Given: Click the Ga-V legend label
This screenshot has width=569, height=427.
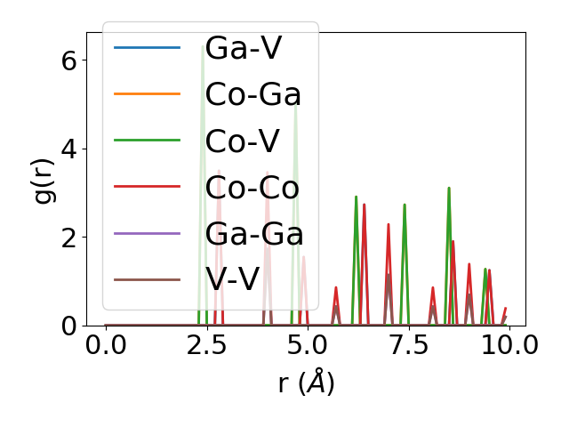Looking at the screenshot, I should (243, 48).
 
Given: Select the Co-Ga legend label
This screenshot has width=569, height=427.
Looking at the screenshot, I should (252, 94).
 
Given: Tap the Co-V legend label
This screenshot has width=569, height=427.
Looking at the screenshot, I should (243, 141).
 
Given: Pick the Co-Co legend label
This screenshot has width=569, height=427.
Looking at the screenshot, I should (252, 187).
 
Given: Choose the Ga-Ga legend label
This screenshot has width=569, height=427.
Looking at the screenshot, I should (254, 234).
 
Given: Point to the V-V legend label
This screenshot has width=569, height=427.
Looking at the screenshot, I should (232, 280).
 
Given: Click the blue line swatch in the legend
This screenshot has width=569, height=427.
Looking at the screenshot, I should (148, 48).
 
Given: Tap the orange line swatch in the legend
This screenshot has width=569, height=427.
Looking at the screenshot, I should (148, 94).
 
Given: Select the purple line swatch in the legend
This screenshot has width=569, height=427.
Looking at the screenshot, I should (148, 234).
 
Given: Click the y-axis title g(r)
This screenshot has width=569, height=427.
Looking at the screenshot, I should (44, 178).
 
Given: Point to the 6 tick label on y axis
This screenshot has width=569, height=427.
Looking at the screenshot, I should (68, 60).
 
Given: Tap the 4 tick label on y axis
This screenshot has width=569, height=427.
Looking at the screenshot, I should (68, 149).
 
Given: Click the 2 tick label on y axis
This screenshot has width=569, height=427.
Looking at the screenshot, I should (68, 238).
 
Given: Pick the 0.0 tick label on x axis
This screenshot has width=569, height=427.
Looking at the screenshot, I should (106, 345).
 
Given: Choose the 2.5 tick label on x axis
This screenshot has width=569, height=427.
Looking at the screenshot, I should (206, 345).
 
